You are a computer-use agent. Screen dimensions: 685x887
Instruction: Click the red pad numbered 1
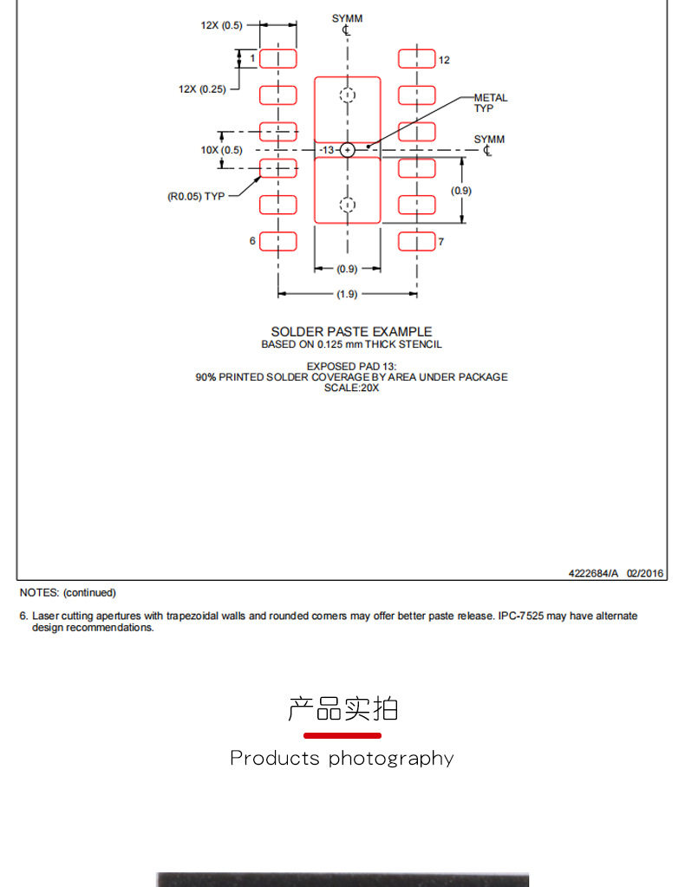(278, 59)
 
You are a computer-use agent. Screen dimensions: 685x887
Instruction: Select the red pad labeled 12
(417, 59)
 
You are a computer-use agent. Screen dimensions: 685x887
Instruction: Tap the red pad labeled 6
(278, 242)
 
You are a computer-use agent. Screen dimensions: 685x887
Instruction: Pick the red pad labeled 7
(417, 242)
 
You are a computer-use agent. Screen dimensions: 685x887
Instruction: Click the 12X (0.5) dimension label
(221, 25)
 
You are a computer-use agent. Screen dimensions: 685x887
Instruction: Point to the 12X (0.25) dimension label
(202, 89)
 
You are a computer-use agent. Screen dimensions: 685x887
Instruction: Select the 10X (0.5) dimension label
(221, 150)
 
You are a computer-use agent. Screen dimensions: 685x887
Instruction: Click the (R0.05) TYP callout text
(196, 196)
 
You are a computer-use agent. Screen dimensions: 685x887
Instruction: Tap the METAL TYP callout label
(491, 103)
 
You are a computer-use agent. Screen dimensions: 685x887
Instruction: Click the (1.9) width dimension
(347, 294)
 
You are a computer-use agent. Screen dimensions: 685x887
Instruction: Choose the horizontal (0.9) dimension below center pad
(347, 269)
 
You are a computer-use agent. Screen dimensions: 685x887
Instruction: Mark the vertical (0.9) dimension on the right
(461, 191)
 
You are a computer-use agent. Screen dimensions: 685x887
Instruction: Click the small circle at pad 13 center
(348, 150)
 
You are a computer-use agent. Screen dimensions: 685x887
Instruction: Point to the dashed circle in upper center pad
(348, 95)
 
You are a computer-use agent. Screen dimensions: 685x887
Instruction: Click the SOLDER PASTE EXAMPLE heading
(351, 331)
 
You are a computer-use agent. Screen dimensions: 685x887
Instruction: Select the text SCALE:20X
(351, 388)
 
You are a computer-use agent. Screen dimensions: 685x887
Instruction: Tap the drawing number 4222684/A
(593, 573)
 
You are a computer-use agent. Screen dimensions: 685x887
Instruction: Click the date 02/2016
(645, 573)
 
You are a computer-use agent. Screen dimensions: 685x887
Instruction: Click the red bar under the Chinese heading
(342, 735)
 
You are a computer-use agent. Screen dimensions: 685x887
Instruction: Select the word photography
(391, 759)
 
